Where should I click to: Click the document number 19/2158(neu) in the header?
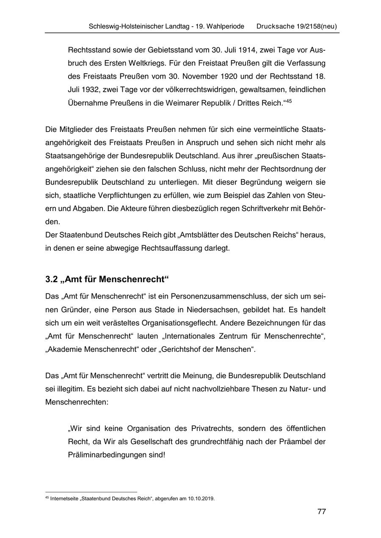click(314, 26)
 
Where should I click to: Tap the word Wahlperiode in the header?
click(224, 26)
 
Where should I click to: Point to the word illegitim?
click(67, 389)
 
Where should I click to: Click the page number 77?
click(321, 512)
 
